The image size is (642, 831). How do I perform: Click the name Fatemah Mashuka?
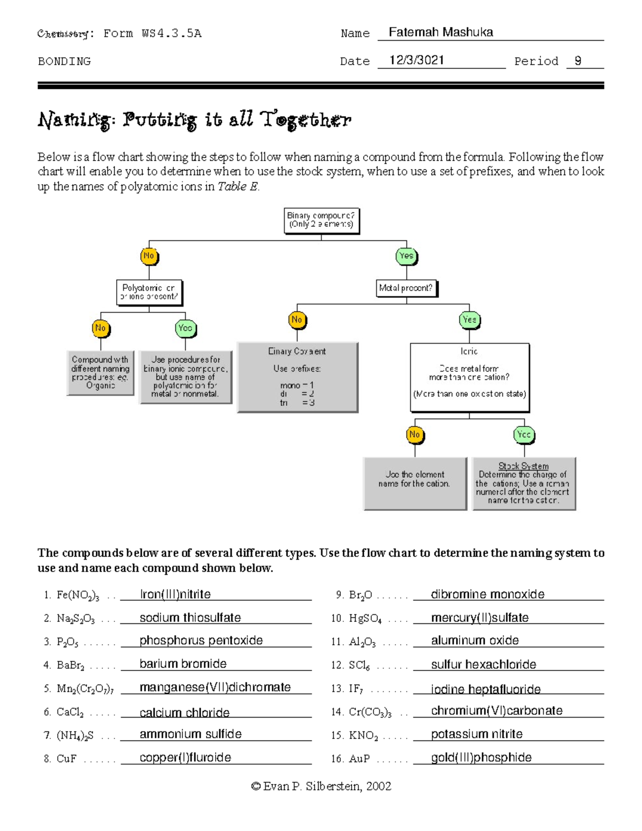[441, 32]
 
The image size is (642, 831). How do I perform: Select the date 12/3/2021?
[417, 60]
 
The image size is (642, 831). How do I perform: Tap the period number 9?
[578, 60]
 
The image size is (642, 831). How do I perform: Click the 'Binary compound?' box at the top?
[321, 220]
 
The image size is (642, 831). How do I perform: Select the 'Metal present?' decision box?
[406, 288]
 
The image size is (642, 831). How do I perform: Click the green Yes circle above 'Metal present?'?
[406, 256]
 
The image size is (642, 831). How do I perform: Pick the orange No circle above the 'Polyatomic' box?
[149, 256]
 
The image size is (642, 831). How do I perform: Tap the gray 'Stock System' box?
[524, 483]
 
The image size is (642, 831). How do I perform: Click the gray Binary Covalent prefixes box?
[297, 377]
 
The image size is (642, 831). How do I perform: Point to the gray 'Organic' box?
[101, 372]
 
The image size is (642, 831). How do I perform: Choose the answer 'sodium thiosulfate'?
[190, 617]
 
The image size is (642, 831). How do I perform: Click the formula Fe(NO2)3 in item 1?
[78, 595]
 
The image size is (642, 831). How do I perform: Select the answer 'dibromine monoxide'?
[487, 594]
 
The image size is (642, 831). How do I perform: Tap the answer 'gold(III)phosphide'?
[481, 757]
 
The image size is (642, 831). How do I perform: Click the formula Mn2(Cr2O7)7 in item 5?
[85, 689]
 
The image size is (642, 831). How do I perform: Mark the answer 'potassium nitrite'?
[477, 734]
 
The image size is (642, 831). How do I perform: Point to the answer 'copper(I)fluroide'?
[185, 757]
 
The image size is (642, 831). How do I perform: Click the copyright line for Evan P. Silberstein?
[321, 786]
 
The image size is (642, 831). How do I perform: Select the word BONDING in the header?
[64, 62]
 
